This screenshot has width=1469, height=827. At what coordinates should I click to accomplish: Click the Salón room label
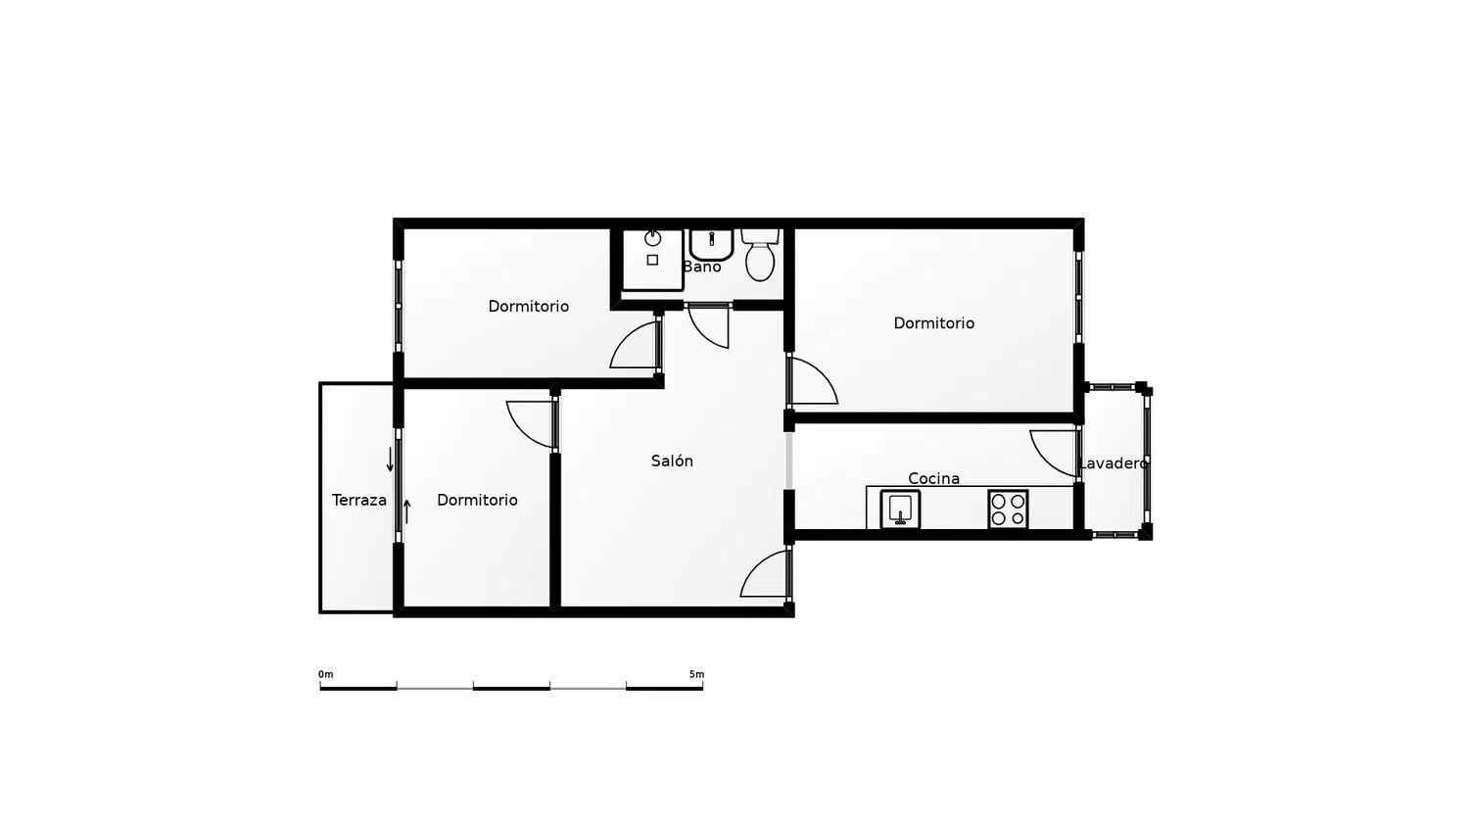click(672, 461)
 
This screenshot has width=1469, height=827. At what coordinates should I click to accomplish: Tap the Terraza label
click(358, 500)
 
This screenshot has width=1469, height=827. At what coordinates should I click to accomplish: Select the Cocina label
click(933, 478)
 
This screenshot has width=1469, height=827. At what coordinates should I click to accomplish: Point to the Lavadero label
click(1113, 463)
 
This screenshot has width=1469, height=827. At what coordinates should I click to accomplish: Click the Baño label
click(701, 267)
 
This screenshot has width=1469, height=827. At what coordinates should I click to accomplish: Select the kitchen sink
click(900, 510)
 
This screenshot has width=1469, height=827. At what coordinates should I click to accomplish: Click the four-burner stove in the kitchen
click(1008, 510)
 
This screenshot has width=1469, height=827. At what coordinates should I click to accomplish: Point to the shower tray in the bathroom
click(652, 259)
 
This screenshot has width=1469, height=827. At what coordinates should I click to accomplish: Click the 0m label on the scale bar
click(326, 674)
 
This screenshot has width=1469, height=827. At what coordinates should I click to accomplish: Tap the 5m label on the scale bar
click(696, 674)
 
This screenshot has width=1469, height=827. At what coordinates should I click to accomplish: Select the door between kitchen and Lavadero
click(1056, 452)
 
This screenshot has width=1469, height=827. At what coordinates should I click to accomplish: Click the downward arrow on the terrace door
click(390, 459)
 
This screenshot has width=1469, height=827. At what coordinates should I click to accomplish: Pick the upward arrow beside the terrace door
click(406, 511)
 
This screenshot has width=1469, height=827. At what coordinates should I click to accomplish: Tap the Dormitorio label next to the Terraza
click(477, 500)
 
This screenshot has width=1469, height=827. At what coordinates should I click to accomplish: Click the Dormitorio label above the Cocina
click(933, 323)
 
